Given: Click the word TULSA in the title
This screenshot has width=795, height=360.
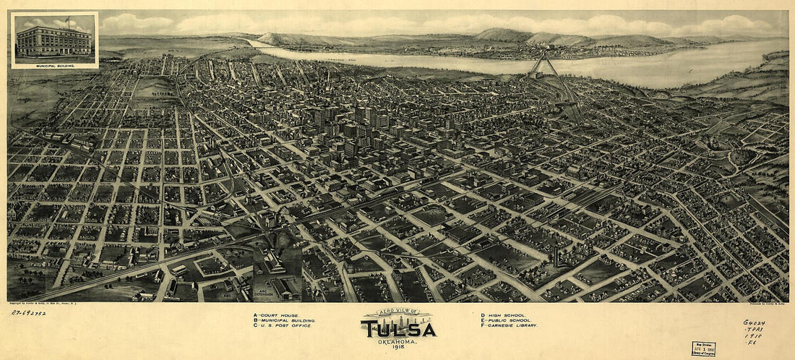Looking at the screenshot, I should point(398,330).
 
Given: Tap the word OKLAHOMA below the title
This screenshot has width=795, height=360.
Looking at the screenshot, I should point(398,341).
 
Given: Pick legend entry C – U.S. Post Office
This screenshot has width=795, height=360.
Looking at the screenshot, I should point(283,326).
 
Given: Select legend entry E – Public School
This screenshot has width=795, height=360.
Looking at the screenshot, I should point(506,320).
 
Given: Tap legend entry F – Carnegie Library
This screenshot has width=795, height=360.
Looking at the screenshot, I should point(509,326).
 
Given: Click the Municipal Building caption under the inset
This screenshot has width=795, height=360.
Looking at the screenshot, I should point(55,64).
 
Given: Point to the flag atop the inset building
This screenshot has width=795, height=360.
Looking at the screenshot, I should point(67,19).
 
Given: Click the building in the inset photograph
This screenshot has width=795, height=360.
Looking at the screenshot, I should point(54,41).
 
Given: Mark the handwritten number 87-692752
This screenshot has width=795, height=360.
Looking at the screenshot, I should point(28,312).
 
